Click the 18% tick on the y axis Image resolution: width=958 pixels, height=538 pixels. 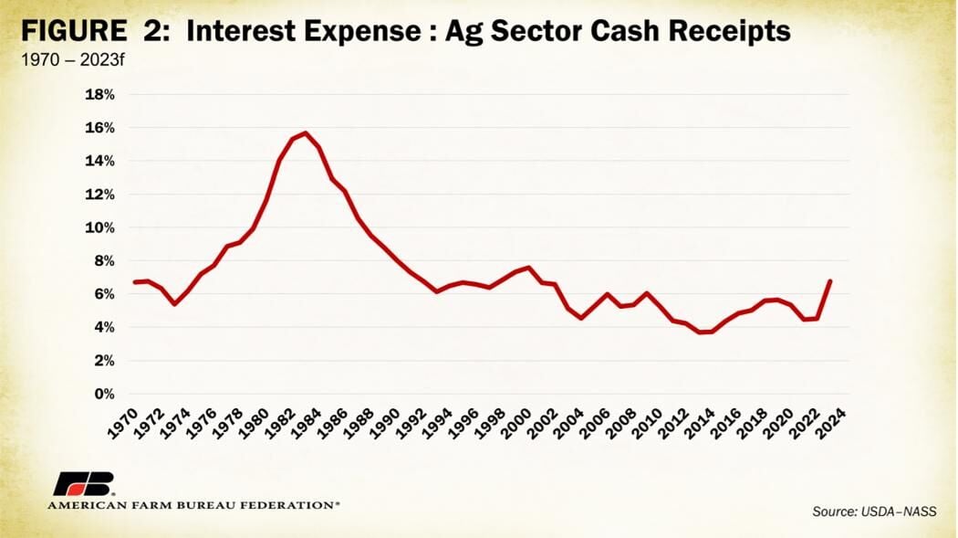[99, 94]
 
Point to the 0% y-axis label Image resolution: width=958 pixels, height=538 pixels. [103, 394]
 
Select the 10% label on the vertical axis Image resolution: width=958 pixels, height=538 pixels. [99, 227]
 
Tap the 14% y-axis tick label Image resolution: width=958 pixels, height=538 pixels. [99, 161]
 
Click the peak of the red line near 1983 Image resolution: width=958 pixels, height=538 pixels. [305, 132]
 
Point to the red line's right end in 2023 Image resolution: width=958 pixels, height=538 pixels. [830, 280]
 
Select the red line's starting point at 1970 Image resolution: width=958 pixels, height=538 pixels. [135, 282]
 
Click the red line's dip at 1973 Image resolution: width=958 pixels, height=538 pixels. [174, 303]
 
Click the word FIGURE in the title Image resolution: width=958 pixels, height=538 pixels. [75, 33]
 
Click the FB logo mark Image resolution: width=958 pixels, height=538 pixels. [84, 483]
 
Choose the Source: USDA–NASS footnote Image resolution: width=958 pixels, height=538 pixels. [874, 512]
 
